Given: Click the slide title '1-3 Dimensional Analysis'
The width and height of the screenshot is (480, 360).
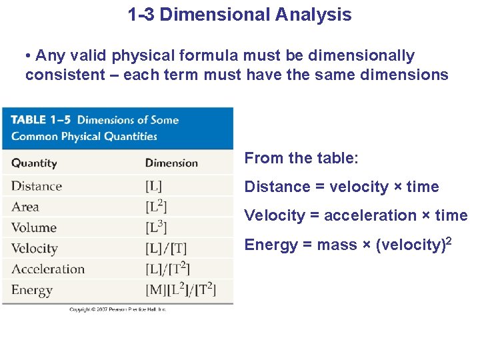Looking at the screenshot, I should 239,15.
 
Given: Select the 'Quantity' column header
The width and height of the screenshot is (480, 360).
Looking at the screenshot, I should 34,163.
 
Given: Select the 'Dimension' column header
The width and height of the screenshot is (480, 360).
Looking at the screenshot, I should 171,163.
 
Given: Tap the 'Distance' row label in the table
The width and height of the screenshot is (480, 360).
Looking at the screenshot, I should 37,186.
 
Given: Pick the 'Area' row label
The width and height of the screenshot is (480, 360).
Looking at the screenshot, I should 25,207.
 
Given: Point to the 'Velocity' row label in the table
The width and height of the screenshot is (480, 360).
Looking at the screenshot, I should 35,249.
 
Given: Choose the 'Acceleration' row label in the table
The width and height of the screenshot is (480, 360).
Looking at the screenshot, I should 48,269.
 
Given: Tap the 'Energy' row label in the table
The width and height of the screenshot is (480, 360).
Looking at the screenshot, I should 32,291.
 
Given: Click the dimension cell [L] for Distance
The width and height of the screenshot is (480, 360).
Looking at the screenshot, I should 153,186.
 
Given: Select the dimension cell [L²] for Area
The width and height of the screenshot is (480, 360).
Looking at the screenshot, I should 156,207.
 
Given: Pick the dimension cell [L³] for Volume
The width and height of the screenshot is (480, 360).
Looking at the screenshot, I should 156,227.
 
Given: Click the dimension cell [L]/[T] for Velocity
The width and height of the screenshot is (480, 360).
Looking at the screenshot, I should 166,249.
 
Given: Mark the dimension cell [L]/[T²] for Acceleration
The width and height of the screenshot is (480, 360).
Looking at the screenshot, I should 168,269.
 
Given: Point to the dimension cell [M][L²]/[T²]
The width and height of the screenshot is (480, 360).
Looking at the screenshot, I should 180,291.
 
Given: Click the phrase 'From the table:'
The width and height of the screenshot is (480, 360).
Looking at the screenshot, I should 301,158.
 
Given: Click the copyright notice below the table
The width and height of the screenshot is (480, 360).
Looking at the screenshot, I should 118,309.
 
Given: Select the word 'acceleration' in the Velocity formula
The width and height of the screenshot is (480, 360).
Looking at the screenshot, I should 370,215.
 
